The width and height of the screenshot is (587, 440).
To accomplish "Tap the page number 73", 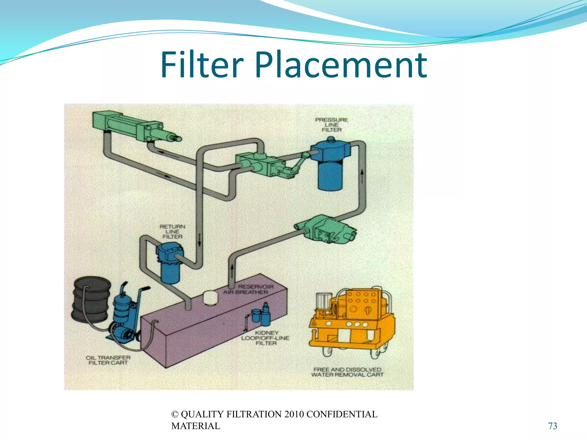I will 552,426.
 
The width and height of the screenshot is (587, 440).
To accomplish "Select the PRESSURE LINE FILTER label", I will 332,125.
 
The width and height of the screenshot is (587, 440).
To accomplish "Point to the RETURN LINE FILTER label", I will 173,231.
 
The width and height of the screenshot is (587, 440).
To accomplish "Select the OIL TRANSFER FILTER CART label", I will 108,360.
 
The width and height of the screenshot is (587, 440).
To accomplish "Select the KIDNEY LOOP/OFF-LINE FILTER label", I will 266,338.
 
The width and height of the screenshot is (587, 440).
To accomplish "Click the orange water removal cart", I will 353,321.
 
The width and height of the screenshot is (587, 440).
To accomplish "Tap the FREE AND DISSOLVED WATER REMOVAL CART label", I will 347,372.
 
